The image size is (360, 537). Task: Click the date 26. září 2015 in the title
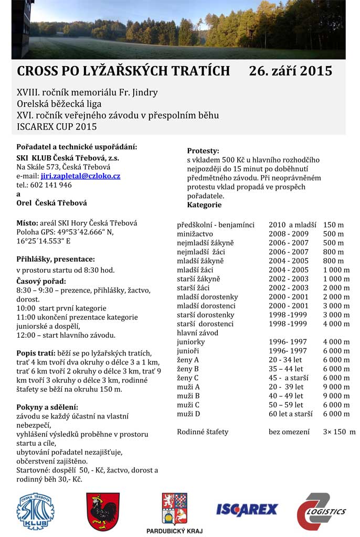[x=291, y=71]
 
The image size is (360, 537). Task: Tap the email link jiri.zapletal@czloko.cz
[x=80, y=176]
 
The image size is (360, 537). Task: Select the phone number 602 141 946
[x=51, y=185]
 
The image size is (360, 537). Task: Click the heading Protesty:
[x=203, y=151]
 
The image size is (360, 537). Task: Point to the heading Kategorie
[x=204, y=205]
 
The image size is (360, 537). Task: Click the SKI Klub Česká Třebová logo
[x=36, y=511]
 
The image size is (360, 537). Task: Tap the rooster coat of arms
[x=103, y=511]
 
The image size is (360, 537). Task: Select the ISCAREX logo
[x=247, y=509]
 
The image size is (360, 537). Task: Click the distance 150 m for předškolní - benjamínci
[x=333, y=225]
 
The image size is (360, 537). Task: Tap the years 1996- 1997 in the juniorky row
[x=288, y=342]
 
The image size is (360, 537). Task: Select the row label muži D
[x=189, y=414]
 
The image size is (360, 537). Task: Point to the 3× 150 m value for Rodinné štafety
[x=339, y=432]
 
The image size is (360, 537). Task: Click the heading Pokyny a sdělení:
[x=48, y=407]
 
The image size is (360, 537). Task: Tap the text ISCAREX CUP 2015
[x=57, y=126]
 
